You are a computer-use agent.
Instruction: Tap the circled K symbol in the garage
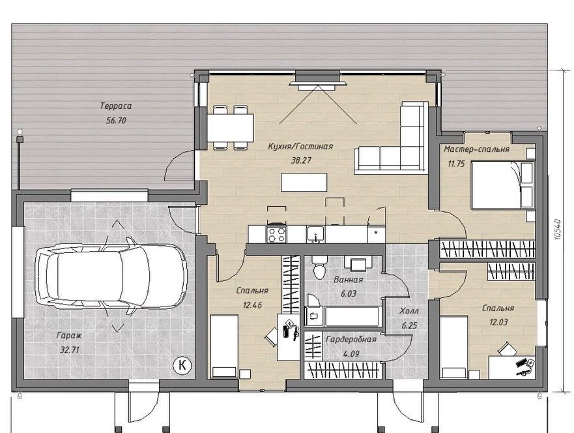coord(182,365)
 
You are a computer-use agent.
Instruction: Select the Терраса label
coord(116,106)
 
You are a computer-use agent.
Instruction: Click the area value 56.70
coord(116,121)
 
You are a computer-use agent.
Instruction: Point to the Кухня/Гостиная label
coord(300,147)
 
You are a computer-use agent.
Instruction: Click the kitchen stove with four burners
coord(277,234)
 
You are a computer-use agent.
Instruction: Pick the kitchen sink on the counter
coord(315,235)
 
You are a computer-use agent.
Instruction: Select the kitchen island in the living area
coord(304,182)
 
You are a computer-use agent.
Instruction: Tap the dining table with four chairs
coord(230,128)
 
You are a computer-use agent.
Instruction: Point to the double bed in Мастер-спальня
coord(502,185)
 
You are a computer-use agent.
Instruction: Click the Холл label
coord(409,311)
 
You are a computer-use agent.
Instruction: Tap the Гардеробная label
coord(351,340)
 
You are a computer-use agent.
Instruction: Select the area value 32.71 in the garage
coord(70,350)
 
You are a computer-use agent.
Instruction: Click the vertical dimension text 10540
coord(558,230)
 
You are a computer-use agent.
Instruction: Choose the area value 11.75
coord(456,164)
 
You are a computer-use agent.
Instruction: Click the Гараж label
coord(69,335)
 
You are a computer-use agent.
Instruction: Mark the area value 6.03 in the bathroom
coord(348,294)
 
